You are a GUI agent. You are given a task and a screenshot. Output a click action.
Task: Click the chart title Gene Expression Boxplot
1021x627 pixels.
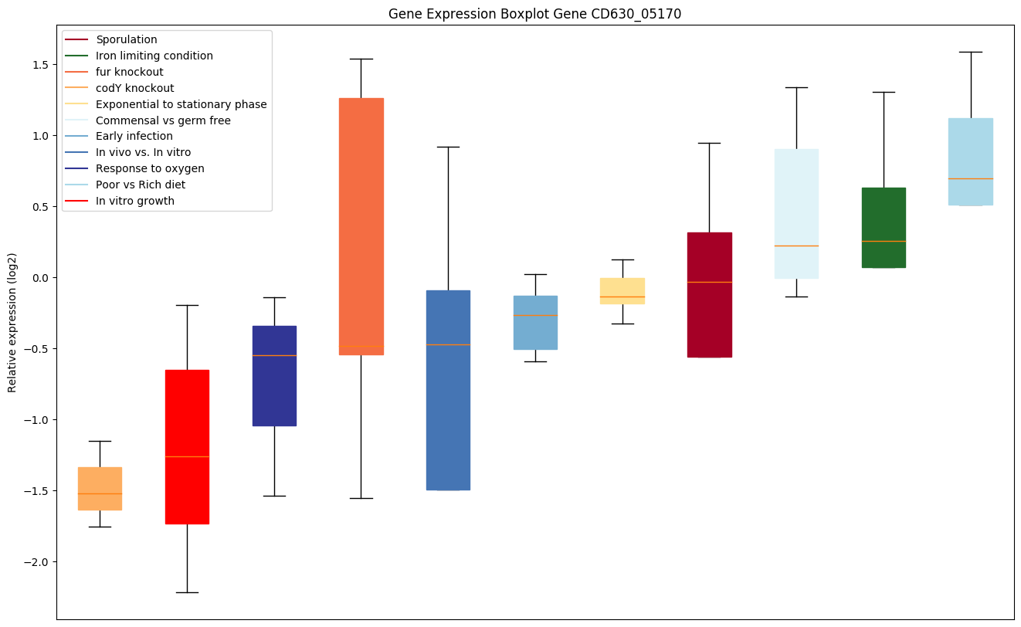pos(534,14)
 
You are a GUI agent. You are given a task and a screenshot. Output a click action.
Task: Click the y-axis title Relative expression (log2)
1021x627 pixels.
pos(12,322)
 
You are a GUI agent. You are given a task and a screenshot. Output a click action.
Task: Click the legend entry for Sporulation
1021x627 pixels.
pos(126,39)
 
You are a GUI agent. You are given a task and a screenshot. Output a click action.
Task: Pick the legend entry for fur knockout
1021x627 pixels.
pos(129,72)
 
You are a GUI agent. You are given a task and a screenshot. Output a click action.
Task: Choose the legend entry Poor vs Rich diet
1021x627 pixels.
pos(140,185)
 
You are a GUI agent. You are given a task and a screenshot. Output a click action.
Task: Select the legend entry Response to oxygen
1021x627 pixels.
pos(150,168)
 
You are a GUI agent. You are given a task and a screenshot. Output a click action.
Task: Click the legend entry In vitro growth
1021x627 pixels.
pos(134,201)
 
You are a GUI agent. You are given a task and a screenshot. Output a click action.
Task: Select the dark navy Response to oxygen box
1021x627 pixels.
pos(274,375)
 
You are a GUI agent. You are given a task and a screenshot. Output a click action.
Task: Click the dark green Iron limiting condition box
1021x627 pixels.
pos(884,227)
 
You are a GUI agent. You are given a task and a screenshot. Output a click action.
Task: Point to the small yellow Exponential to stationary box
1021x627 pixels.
pos(622,290)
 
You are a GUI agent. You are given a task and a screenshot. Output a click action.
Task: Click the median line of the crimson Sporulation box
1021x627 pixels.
pos(710,282)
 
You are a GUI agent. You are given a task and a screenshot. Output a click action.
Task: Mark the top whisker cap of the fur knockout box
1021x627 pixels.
pos(361,59)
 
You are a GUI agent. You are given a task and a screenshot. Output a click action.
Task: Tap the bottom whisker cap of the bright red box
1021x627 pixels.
pos(187,592)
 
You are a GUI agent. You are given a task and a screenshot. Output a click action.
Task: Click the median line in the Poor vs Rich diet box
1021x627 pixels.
pos(970,178)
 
